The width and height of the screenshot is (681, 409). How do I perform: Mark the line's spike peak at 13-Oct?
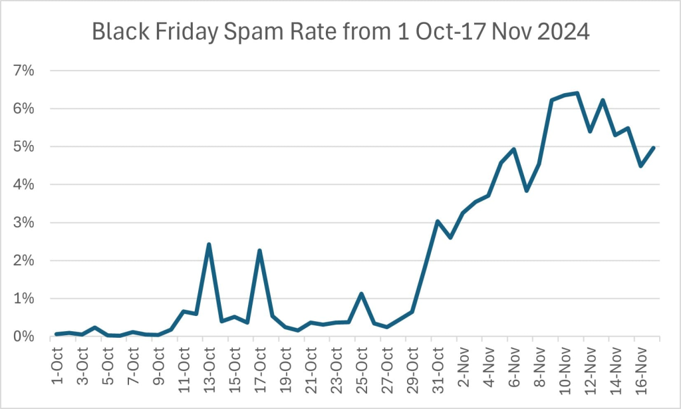point(209,244)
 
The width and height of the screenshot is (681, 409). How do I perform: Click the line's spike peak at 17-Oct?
point(259,251)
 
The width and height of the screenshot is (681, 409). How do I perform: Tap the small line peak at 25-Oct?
point(361,293)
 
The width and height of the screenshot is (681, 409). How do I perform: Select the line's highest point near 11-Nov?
point(577,93)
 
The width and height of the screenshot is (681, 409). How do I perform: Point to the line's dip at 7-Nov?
point(526,191)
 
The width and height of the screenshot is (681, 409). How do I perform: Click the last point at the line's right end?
point(654,148)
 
